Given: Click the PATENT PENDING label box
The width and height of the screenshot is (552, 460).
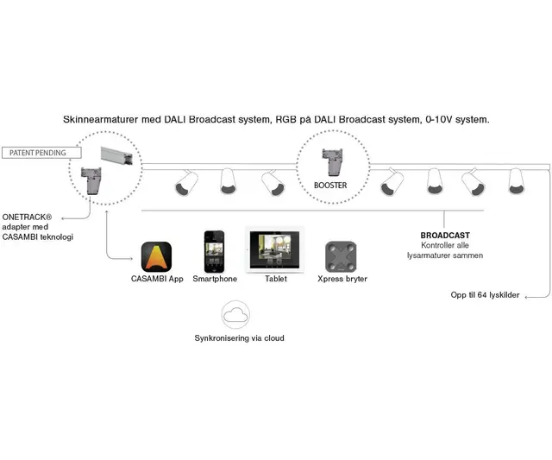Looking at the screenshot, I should click(41, 153).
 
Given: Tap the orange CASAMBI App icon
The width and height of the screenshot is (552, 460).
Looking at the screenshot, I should click(156, 256).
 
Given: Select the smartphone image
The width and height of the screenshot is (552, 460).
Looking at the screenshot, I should click(214, 250).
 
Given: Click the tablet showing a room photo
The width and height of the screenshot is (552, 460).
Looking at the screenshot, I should click(275, 249).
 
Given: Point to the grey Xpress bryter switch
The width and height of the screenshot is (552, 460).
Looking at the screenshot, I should click(341, 256).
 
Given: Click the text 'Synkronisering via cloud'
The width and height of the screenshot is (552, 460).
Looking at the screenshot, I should click(239, 337).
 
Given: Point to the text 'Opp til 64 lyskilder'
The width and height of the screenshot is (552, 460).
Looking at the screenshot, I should click(485, 295).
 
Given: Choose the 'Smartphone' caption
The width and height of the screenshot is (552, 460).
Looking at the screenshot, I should click(215, 280).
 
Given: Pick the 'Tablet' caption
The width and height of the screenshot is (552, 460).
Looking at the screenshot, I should click(276, 280).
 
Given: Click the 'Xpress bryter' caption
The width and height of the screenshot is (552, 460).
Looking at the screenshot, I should click(342, 280).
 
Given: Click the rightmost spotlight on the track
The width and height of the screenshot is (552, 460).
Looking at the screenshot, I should click(517, 180).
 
